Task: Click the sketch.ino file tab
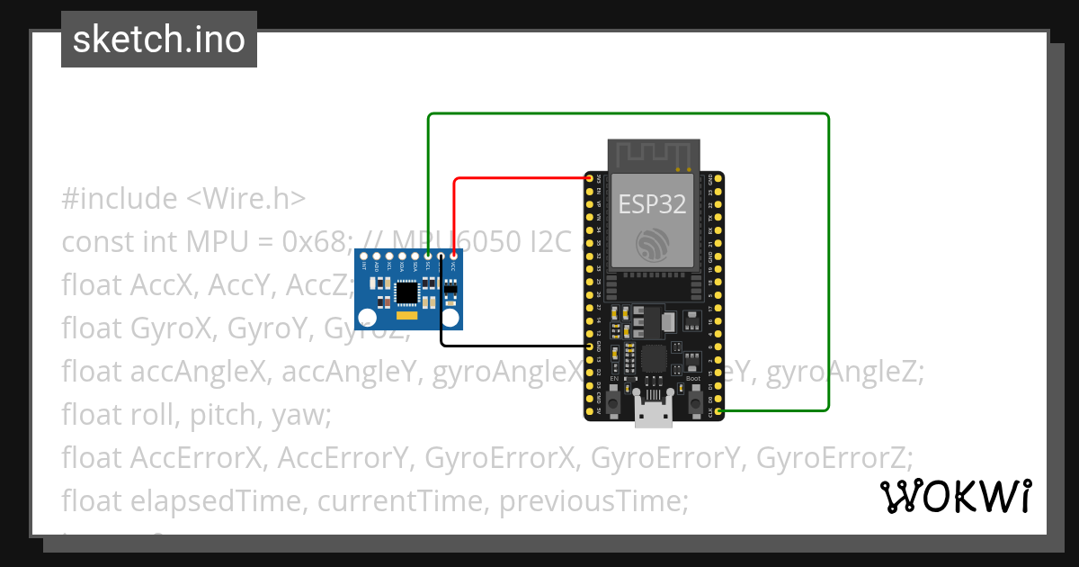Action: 159,40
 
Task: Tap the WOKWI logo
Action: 956,497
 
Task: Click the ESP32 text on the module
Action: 652,204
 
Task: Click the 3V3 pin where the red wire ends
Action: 589,179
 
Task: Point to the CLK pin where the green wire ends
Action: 718,411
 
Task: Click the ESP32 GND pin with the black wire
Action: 589,346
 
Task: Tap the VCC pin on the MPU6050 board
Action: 453,257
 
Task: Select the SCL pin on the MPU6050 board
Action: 428,257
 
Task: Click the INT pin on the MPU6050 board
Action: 364,257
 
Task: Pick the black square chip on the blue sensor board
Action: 407,292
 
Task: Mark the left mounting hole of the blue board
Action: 366,317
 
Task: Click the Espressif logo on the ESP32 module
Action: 652,243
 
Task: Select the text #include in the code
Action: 120,198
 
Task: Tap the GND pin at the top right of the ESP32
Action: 718,179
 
